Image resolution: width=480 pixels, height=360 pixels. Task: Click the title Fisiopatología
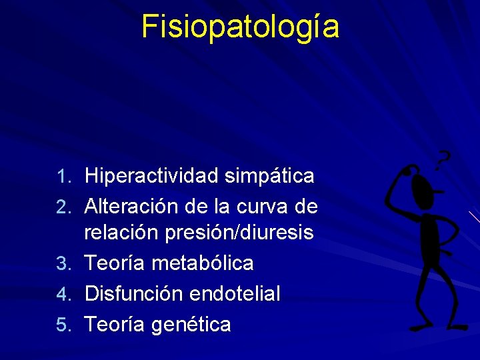(x=240, y=27)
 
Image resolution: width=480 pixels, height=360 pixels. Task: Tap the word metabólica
(x=203, y=263)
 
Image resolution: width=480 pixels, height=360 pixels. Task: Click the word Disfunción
(x=135, y=293)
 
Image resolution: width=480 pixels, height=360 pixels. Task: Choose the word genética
(x=191, y=325)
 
